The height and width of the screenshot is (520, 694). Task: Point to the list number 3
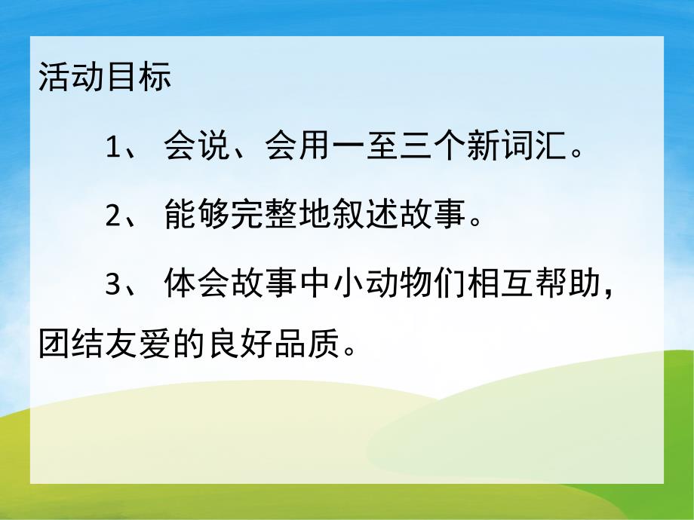tap(113, 286)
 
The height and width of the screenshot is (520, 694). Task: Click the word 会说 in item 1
tap(197, 148)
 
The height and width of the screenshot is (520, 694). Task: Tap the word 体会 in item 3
tap(197, 286)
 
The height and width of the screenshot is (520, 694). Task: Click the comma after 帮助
tap(608, 294)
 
